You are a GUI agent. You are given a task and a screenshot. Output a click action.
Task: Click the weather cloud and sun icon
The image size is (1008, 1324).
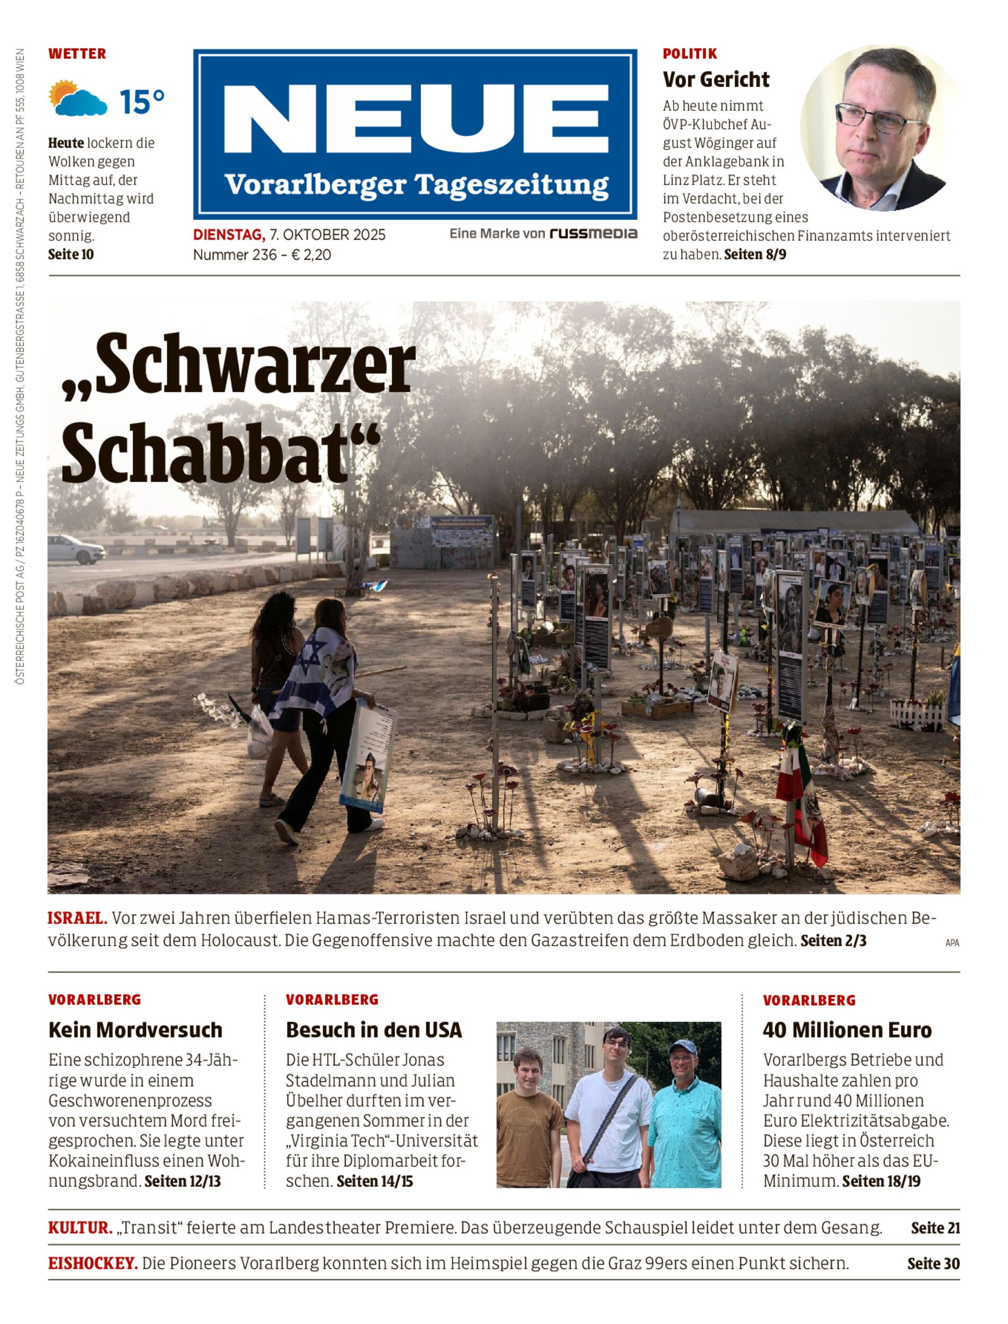pyautogui.click(x=78, y=99)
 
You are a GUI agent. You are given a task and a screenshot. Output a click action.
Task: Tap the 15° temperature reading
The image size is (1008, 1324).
pyautogui.click(x=141, y=102)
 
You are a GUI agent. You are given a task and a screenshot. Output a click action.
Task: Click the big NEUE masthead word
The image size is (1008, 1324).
pyautogui.click(x=415, y=118)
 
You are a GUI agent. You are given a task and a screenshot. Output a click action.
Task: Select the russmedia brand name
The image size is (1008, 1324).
pyautogui.click(x=593, y=234)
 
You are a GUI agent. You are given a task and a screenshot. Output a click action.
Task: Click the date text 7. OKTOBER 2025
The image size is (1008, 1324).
pyautogui.click(x=328, y=235)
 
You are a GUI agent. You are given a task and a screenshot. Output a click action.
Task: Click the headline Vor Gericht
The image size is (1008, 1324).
pyautogui.click(x=716, y=80)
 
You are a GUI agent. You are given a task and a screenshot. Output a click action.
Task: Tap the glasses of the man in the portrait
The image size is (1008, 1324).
pyautogui.click(x=878, y=118)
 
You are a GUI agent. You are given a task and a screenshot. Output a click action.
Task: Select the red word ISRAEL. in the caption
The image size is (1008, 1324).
pyautogui.click(x=77, y=918)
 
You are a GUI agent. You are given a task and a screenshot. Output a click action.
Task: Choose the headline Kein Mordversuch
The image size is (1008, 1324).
pyautogui.click(x=136, y=1030)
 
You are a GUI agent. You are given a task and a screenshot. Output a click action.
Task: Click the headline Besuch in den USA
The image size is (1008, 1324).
pyautogui.click(x=374, y=1030)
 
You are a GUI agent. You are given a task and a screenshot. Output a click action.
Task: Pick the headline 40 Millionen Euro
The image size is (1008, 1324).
pyautogui.click(x=847, y=1030)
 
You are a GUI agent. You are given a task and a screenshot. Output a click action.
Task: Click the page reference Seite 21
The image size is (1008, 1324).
pyautogui.click(x=935, y=1228)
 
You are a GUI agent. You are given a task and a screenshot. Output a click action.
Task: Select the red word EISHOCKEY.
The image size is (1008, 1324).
pyautogui.click(x=93, y=1264)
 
